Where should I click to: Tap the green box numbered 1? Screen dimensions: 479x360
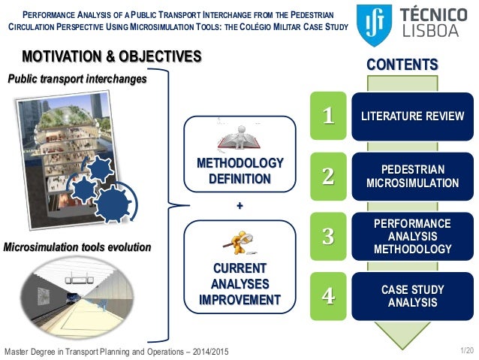pyautogui.click(x=327, y=116)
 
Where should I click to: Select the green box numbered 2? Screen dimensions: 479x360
pyautogui.click(x=327, y=176)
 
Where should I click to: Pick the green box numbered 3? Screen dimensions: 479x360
pyautogui.click(x=327, y=236)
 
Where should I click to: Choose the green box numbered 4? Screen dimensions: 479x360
pyautogui.click(x=327, y=295)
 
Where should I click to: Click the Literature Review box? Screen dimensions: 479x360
pyautogui.click(x=412, y=116)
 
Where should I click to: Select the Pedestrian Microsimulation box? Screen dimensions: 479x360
pyautogui.click(x=412, y=176)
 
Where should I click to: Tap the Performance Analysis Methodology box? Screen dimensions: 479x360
pyautogui.click(x=412, y=236)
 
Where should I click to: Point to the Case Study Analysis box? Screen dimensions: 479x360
pyautogui.click(x=412, y=295)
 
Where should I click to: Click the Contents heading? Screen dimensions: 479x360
pyautogui.click(x=402, y=65)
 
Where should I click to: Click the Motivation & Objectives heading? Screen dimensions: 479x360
pyautogui.click(x=112, y=56)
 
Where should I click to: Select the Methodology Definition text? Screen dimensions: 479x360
pyautogui.click(x=239, y=171)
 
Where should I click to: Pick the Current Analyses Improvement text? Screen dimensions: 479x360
pyautogui.click(x=239, y=284)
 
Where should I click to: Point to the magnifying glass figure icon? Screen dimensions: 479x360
pyautogui.click(x=239, y=242)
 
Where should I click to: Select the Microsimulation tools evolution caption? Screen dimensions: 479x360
pyautogui.click(x=78, y=247)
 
